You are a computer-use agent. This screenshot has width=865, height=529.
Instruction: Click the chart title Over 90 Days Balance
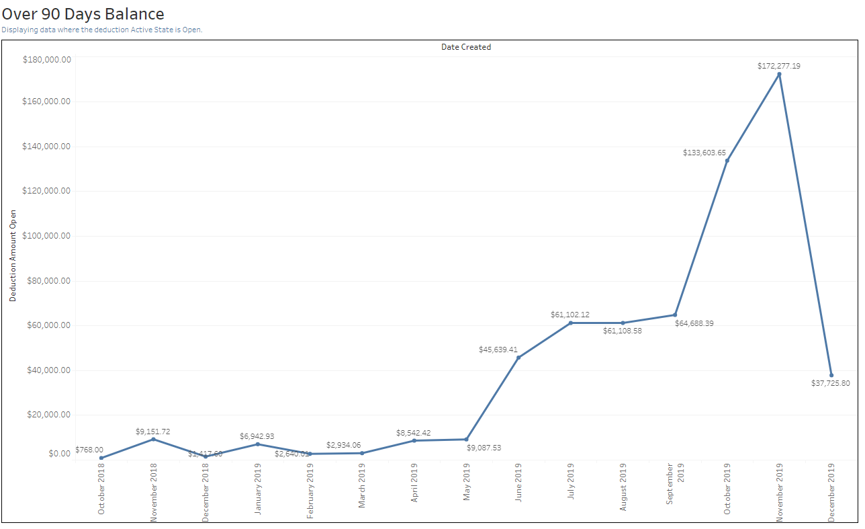pos(83,13)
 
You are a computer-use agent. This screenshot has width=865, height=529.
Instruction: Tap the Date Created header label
pos(466,47)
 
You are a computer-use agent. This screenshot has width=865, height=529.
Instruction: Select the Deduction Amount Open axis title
pos(13,255)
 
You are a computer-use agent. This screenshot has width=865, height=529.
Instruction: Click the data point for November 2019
pos(779,75)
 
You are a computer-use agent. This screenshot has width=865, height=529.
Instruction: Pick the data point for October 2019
pos(727,160)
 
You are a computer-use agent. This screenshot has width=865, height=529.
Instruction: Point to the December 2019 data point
pos(831,375)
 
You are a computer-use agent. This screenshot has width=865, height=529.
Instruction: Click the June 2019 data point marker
pos(518,358)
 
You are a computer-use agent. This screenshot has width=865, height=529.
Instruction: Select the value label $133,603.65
pos(704,153)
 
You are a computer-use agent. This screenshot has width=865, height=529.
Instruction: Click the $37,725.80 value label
pos(830,384)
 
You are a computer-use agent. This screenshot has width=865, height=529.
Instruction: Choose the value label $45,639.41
pos(498,350)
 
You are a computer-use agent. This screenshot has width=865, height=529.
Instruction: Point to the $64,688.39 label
pos(694,323)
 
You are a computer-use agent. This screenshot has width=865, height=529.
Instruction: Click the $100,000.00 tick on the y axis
pos(46,236)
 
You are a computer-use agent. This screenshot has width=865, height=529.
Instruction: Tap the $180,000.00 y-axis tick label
pos(46,60)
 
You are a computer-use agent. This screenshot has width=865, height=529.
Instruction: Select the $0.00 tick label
pos(59,454)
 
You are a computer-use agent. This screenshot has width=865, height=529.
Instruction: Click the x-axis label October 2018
pos(102,489)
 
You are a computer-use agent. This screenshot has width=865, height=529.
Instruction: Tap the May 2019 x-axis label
pos(467,483)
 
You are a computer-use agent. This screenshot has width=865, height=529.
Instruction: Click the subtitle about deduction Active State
pos(101,30)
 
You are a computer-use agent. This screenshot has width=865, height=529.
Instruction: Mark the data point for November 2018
pos(153,439)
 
